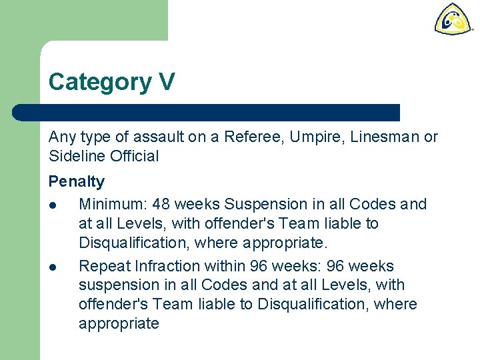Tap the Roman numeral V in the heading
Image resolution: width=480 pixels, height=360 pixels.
coord(167,81)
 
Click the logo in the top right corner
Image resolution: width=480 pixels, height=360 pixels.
coord(453,19)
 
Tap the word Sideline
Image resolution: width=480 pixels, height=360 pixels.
coord(74,157)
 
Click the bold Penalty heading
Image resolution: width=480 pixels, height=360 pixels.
coord(77,181)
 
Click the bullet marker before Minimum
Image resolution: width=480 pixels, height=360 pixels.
coord(53,205)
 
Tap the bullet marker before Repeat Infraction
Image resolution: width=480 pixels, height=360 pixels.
coord(53,267)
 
